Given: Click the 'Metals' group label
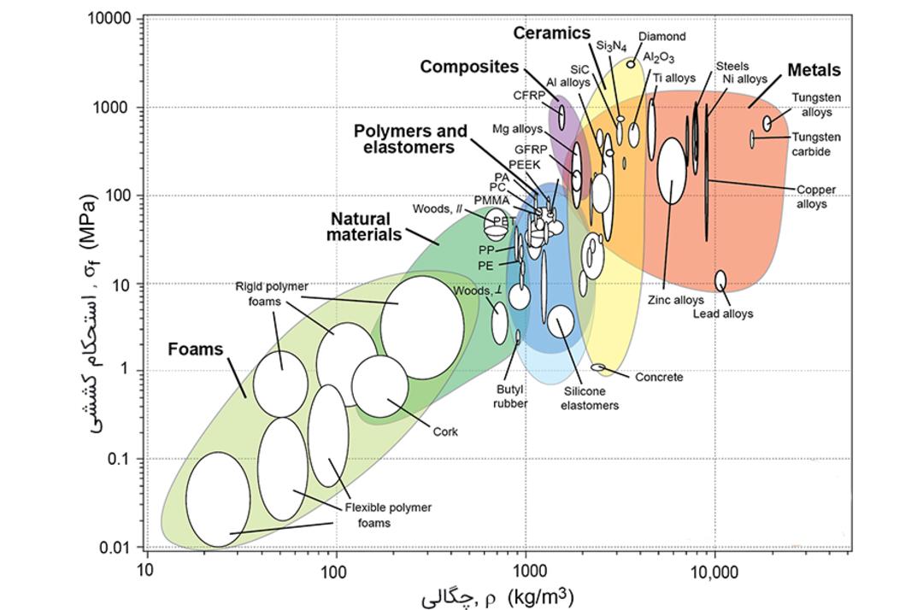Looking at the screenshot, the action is click(814, 70).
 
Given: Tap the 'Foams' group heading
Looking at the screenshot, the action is click(196, 349).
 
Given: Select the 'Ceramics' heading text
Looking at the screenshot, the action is click(551, 33).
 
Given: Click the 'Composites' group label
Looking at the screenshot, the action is click(469, 67).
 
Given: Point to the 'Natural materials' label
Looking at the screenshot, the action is click(363, 226).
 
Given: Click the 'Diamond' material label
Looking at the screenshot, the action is click(662, 37).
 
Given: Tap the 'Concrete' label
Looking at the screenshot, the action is click(659, 377).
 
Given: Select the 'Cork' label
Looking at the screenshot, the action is click(445, 431).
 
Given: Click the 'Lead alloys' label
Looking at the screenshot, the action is click(723, 314).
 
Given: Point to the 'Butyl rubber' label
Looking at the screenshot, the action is click(509, 396).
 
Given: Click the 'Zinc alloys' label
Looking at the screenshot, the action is click(676, 300).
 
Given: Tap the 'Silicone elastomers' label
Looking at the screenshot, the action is click(589, 398).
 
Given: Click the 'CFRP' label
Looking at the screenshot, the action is click(529, 96).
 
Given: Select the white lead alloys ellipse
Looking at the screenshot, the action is click(720, 280).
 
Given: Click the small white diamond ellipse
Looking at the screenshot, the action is click(631, 64).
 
